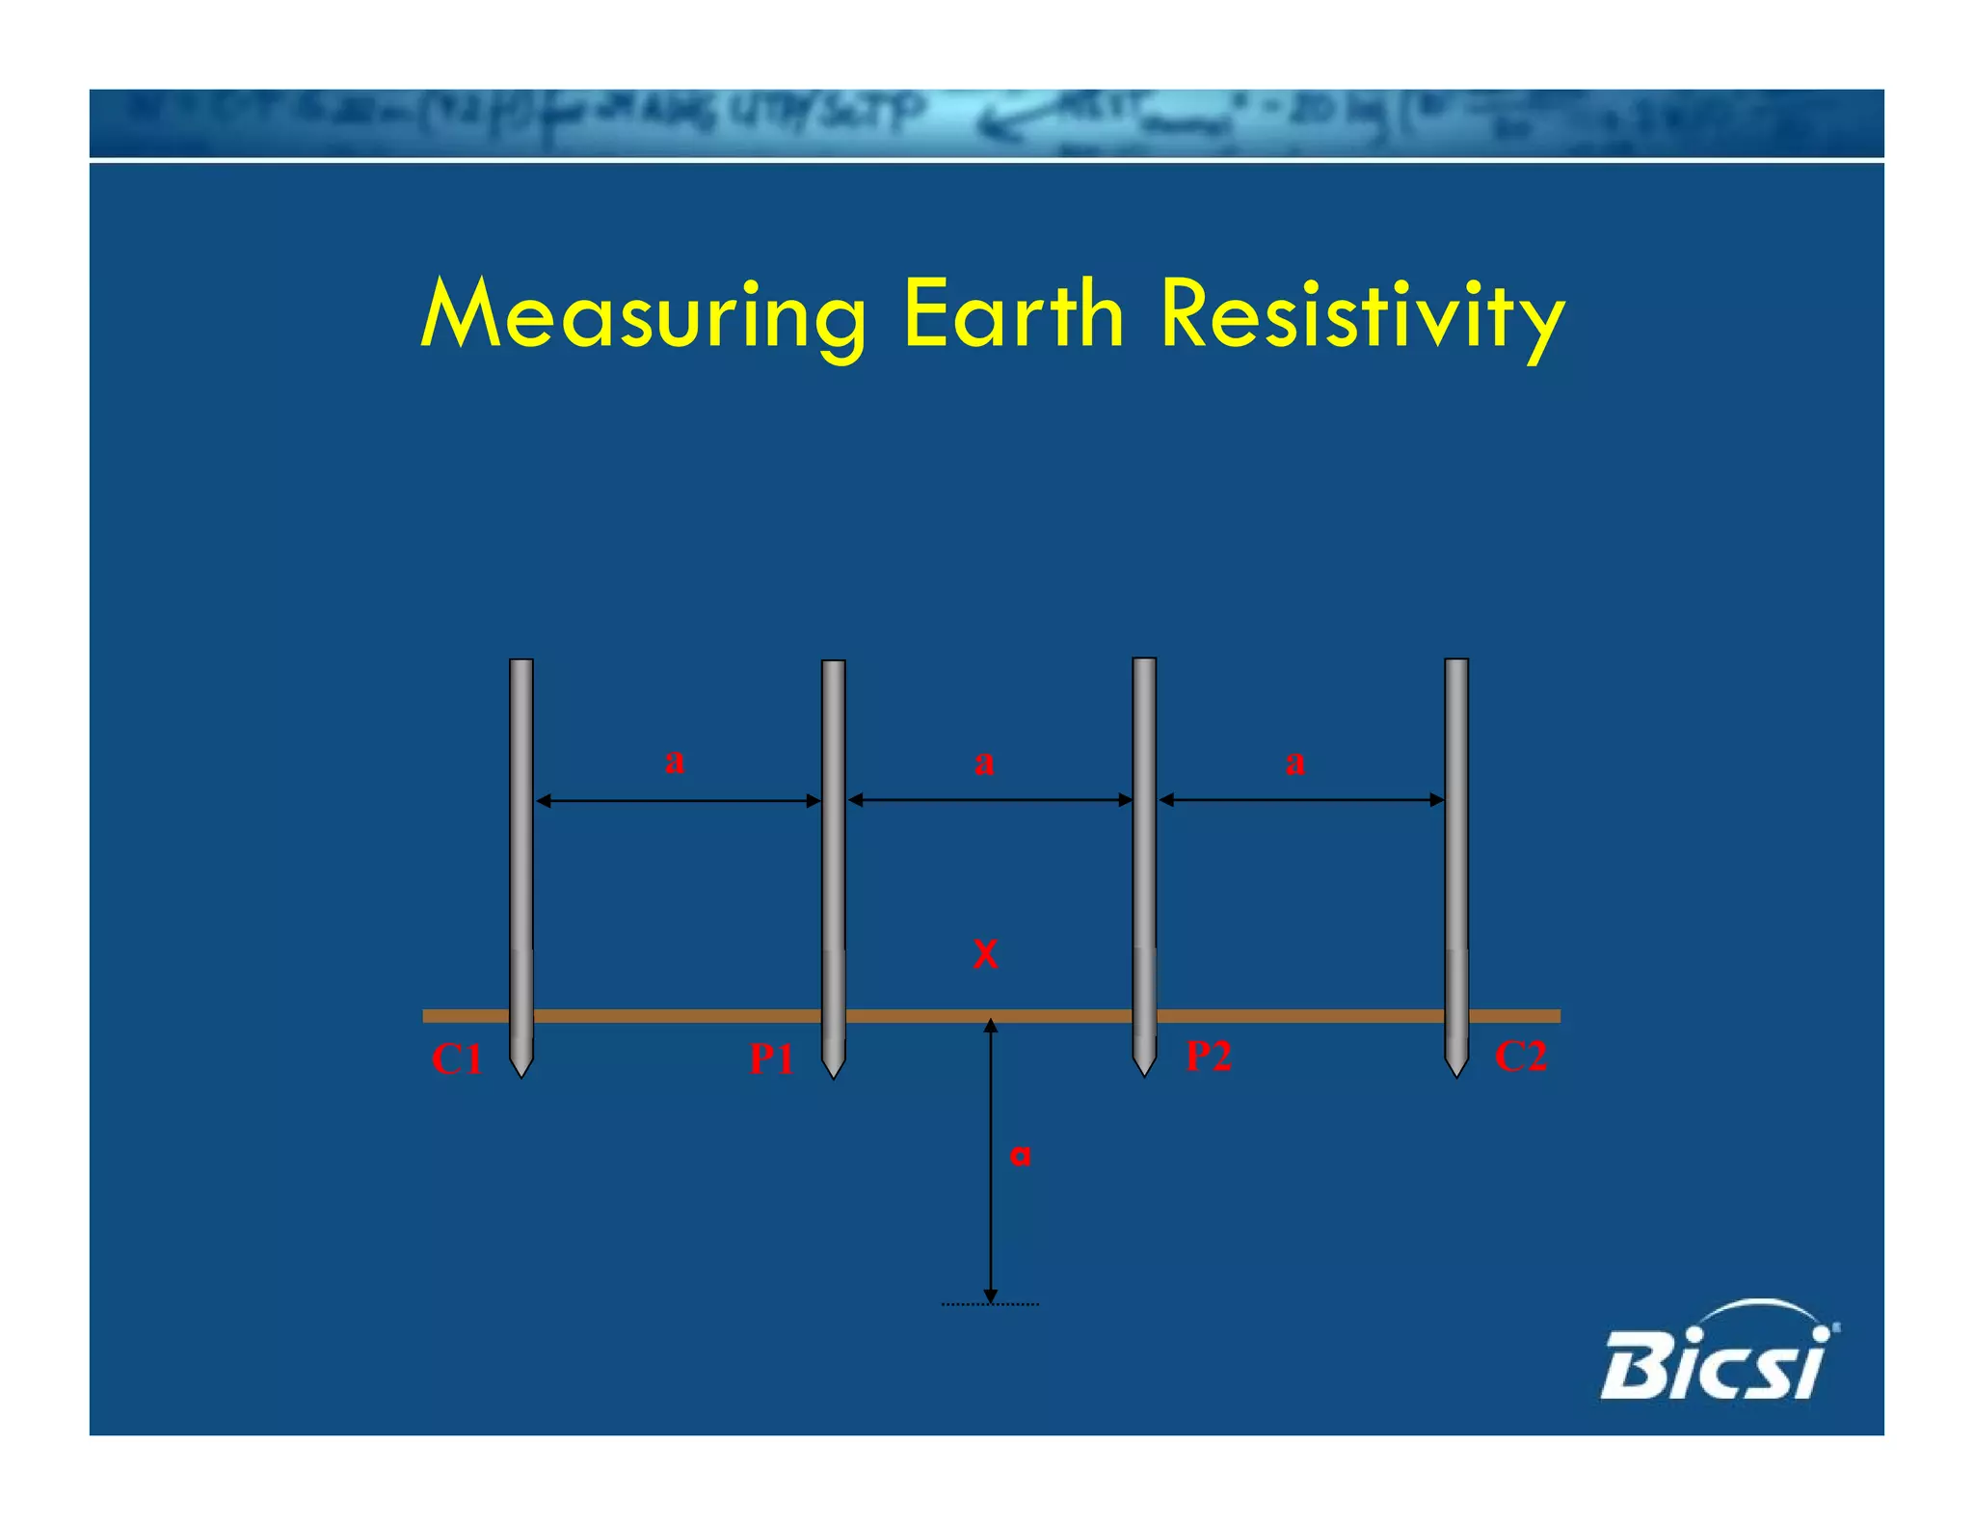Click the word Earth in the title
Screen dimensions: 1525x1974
point(1013,314)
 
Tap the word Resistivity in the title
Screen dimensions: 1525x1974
point(1362,316)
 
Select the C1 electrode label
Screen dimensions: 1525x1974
point(456,1059)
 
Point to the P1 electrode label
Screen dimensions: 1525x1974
point(771,1059)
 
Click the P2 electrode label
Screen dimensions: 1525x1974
point(1208,1056)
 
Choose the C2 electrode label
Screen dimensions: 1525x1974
point(1520,1057)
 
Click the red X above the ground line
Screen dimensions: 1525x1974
point(985,954)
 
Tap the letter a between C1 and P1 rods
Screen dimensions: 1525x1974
point(675,761)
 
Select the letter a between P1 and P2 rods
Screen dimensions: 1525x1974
point(983,762)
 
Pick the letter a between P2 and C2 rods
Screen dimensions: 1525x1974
point(1294,762)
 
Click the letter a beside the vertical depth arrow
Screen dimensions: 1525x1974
point(1020,1155)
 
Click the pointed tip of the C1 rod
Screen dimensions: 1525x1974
point(521,1072)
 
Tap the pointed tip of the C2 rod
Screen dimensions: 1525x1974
point(1456,1072)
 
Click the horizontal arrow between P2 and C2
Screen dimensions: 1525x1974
point(1301,799)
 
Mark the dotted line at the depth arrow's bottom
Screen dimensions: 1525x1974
point(990,1304)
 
